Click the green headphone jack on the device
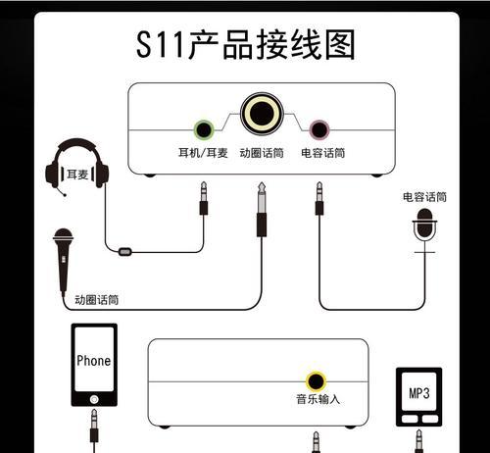204,130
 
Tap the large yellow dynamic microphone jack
262,114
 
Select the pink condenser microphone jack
319,129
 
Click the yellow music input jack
316,381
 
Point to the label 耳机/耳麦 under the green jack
203,153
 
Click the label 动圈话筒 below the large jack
262,153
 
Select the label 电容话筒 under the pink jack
323,153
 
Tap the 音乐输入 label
318,399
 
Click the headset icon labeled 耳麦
76,168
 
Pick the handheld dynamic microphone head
63,236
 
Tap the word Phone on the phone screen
94,361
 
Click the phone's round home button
94,399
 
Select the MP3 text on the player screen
419,393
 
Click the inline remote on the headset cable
125,252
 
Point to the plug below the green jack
204,198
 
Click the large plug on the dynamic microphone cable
262,209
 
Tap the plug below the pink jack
319,198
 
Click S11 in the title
161,44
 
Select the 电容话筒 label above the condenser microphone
424,197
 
